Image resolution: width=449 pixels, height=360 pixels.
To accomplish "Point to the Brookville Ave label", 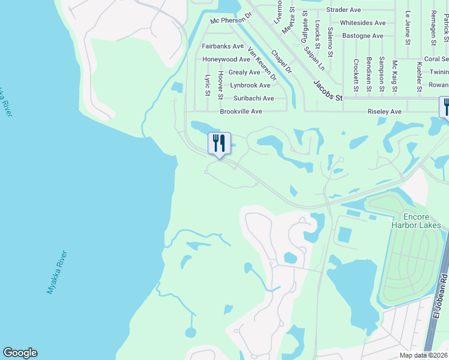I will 241,112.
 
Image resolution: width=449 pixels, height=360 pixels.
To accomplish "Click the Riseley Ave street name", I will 384,112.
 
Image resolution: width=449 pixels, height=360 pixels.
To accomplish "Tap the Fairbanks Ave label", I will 223,46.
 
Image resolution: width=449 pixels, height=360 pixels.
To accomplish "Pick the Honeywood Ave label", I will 226,59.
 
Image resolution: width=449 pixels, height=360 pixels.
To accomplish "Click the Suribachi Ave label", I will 253,98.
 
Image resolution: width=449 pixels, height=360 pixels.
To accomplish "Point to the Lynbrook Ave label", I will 250,86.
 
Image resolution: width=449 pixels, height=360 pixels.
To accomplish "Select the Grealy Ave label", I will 244,73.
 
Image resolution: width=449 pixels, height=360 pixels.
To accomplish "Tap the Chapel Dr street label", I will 280,61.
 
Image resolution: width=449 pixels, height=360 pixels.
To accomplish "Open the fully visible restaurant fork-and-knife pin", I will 219,144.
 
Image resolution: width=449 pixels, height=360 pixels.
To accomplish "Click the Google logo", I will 20,353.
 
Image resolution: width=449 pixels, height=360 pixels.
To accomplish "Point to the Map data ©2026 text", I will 423,355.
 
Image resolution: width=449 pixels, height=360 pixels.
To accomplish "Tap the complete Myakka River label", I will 57,272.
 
